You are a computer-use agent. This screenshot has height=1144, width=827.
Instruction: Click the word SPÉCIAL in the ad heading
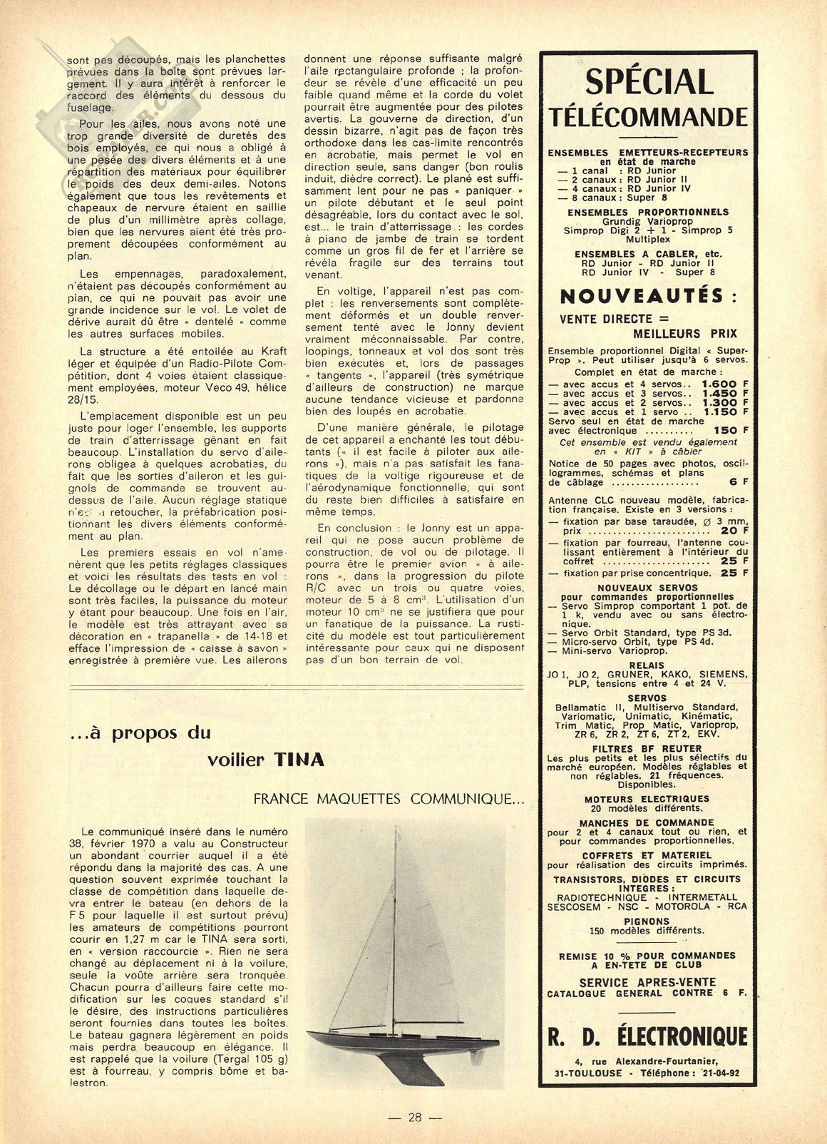(649, 81)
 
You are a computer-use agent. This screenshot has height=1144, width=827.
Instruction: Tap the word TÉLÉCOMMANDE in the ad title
(649, 116)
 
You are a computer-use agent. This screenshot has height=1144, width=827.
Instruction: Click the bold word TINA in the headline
(299, 760)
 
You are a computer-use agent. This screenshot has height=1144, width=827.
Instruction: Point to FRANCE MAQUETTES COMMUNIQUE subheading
(389, 800)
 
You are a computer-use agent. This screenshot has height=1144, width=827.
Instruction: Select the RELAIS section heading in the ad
(648, 665)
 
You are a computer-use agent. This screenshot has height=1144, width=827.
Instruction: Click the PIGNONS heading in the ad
(648, 921)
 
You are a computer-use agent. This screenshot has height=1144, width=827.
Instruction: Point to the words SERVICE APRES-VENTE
(647, 982)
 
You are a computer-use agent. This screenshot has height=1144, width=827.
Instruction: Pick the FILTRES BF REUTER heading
(648, 749)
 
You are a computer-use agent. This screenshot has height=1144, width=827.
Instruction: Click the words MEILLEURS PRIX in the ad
(685, 333)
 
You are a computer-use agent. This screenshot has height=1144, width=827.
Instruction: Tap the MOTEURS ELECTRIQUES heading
(647, 799)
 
